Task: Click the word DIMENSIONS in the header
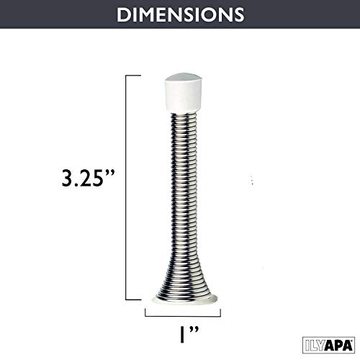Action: pyautogui.click(x=179, y=14)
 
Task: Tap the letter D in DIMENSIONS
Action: pyautogui.click(x=121, y=14)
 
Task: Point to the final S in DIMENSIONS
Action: pyautogui.click(x=238, y=14)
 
